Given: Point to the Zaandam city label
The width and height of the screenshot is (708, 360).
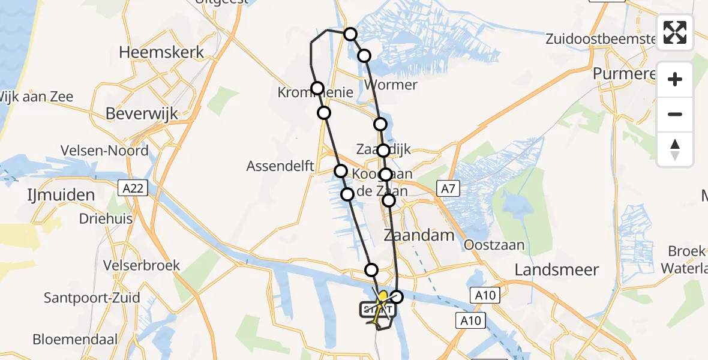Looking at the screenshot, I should pos(419,235).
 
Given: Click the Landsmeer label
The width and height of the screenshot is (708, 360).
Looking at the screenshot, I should pos(557,269).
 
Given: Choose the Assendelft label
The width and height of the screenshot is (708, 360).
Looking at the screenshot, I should pos(280,167).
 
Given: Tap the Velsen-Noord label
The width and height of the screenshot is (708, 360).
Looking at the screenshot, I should pos(104,151).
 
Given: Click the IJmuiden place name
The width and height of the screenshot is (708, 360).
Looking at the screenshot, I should pos(61,195).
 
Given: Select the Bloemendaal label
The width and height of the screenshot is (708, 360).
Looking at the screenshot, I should pos(75,340).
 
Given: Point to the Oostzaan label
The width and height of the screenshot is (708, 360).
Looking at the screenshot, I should pos(494,245).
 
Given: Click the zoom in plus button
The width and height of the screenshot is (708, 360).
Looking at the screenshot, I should pos(675,79).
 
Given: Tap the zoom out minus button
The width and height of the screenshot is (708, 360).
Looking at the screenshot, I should pos(675,114).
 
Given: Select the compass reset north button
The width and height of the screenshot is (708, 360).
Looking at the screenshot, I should pos(675,149).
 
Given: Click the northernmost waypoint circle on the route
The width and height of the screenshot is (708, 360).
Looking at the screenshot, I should pos(350,34).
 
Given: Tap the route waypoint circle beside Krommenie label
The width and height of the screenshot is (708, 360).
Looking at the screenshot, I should pos(317,88).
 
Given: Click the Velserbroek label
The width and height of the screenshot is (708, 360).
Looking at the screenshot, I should pos(142,265).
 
